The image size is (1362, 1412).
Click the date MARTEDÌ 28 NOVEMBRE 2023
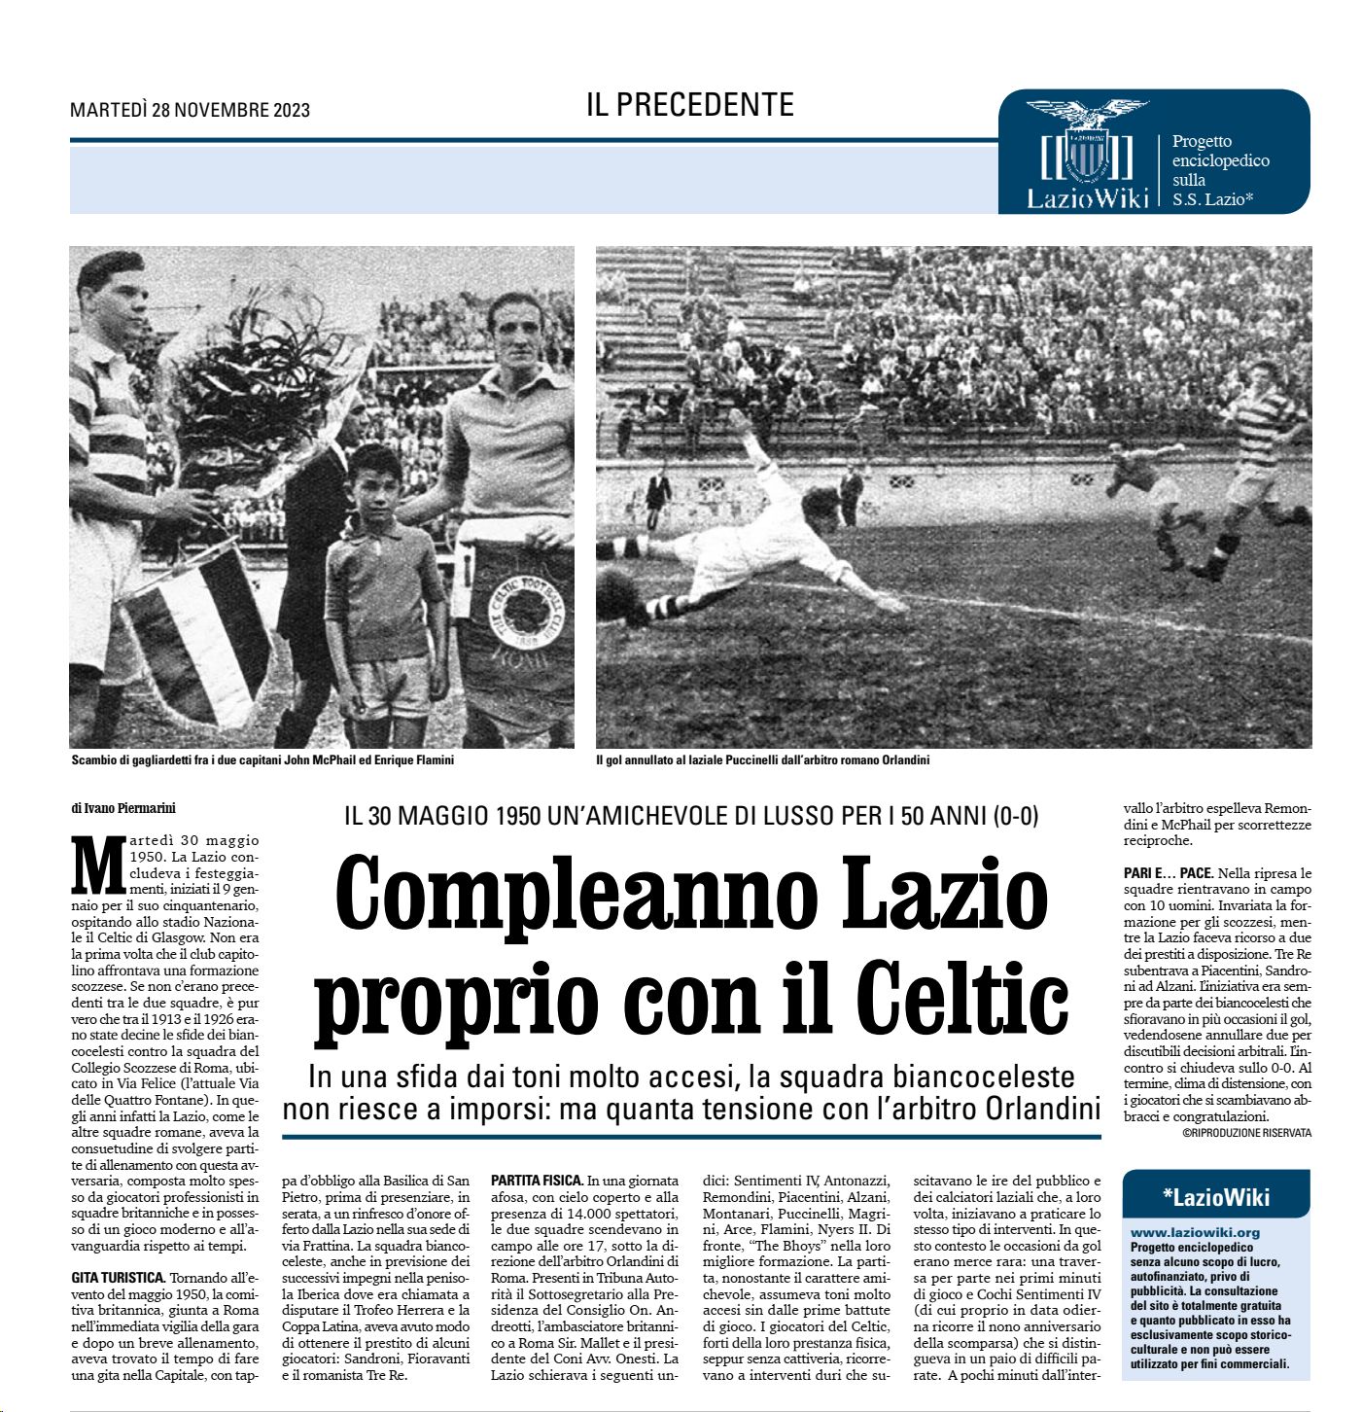click(x=190, y=110)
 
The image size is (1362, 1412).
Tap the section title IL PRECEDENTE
click(x=689, y=105)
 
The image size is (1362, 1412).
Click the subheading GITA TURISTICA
click(x=120, y=1277)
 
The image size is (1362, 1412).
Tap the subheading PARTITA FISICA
click(x=537, y=1181)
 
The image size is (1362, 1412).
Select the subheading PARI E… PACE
click(x=1168, y=873)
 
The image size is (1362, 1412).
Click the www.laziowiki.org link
click(x=1195, y=1232)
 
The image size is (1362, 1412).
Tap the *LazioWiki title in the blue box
click(x=1215, y=1197)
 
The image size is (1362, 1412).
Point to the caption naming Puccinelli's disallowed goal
click(x=762, y=760)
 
